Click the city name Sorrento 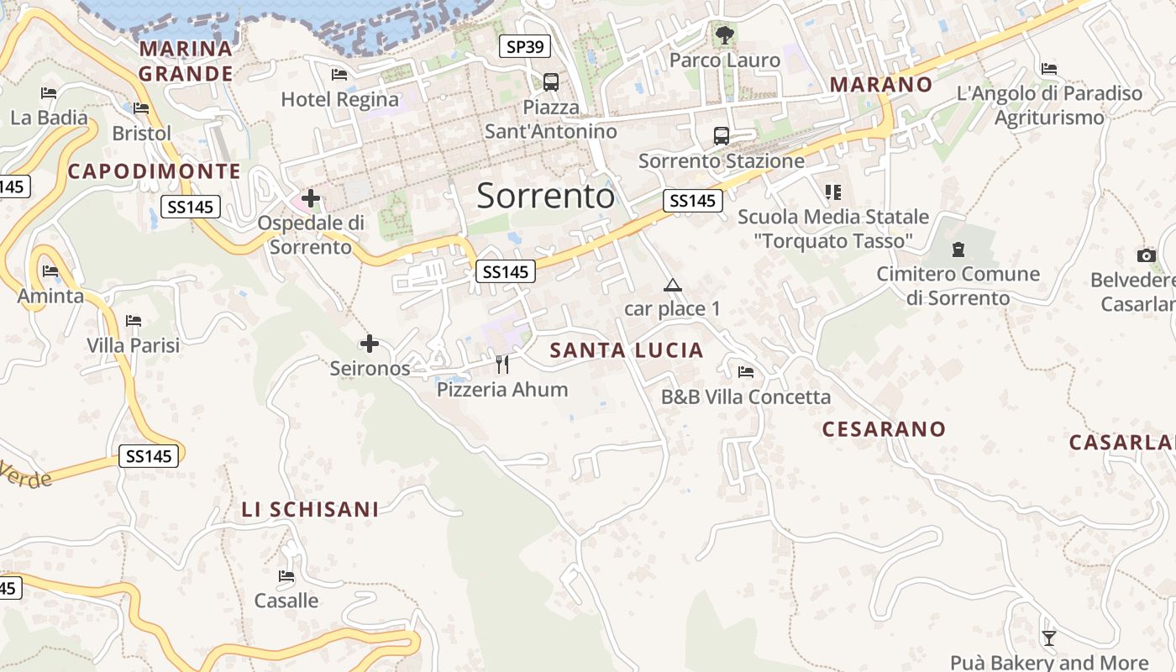[546, 196]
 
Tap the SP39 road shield [525, 46]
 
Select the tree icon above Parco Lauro [724, 35]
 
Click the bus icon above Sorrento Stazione [721, 135]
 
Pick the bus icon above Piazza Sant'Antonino [550, 82]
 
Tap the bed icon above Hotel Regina [339, 75]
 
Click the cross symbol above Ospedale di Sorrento [311, 198]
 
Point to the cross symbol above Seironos [369, 344]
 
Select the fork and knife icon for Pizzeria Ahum [502, 364]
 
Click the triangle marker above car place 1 [672, 286]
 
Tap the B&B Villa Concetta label [746, 396]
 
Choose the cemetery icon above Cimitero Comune [958, 249]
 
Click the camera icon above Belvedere [1146, 255]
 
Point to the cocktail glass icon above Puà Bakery [1048, 638]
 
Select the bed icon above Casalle [286, 576]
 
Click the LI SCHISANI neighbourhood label [310, 509]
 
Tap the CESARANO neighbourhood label [884, 429]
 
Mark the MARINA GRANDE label [186, 61]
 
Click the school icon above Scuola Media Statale [832, 192]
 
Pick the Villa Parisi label [133, 345]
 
